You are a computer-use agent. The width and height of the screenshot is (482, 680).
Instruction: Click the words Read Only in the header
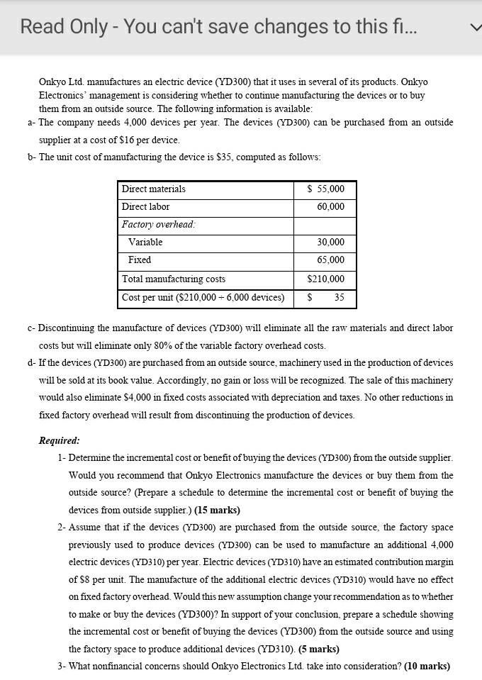tap(62, 27)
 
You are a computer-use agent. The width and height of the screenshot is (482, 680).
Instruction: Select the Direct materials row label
tap(154, 189)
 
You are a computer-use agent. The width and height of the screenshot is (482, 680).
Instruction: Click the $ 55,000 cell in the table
tap(326, 189)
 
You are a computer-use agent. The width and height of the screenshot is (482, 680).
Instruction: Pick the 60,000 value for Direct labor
tap(331, 207)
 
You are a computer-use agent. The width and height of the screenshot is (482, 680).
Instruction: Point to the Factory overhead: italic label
tap(159, 225)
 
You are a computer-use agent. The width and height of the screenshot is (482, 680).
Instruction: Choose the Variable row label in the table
tap(145, 243)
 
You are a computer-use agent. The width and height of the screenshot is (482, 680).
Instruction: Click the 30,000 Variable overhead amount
tap(331, 243)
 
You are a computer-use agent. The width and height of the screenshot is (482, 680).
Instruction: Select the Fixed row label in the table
tap(140, 260)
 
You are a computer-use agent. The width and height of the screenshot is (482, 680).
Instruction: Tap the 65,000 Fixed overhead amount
tap(331, 260)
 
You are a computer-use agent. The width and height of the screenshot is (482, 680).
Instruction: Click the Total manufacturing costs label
tap(174, 279)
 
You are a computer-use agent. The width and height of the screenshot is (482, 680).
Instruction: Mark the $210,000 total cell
tap(326, 279)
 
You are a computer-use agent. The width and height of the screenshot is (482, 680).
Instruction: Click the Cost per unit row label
tap(203, 298)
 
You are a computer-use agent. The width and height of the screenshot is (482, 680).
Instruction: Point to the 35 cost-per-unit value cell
tap(339, 298)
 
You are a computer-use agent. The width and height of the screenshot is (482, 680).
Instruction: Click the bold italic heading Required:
tap(59, 440)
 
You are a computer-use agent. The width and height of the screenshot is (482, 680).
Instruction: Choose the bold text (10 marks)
tap(427, 667)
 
